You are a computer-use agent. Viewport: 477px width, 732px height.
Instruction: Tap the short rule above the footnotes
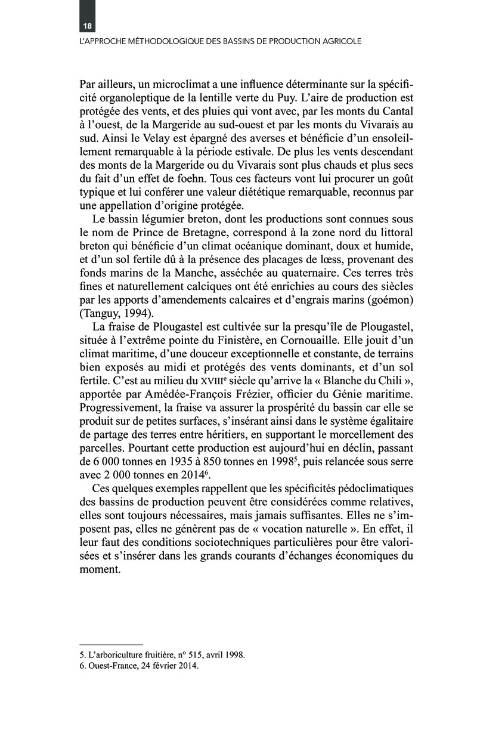point(111,645)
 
